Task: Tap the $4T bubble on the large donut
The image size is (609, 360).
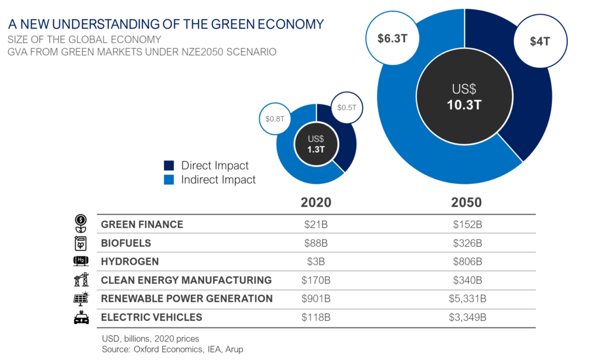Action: (x=542, y=42)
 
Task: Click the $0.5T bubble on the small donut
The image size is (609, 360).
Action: (x=346, y=108)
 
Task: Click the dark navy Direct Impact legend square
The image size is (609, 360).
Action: (x=169, y=165)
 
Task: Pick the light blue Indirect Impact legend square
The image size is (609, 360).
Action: (x=169, y=179)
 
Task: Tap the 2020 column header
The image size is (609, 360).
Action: (x=315, y=202)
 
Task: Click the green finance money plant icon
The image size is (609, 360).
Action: (x=79, y=223)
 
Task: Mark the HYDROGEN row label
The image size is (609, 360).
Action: (x=130, y=261)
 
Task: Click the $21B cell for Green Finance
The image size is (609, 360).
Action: (x=315, y=225)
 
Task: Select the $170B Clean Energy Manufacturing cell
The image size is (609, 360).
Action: (x=315, y=280)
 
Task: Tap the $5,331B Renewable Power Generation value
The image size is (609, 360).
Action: (x=467, y=299)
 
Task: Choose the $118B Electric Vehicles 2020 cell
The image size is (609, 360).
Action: (x=315, y=317)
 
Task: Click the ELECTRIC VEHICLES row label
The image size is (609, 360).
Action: (x=151, y=317)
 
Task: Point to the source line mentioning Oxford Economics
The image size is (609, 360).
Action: (x=172, y=349)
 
